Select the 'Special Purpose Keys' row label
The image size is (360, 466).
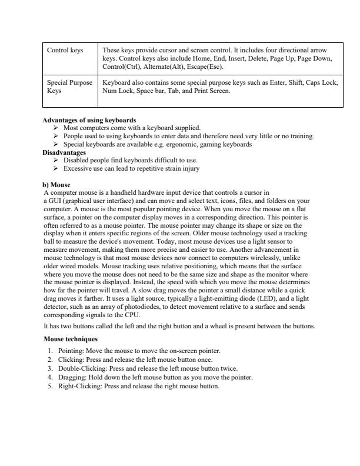coord(69,87)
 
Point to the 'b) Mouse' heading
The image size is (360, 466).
coord(57,185)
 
